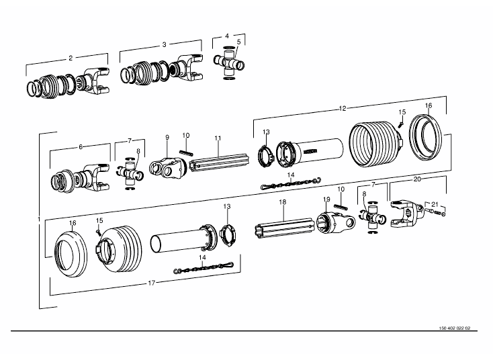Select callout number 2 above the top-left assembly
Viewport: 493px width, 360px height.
(x=70, y=58)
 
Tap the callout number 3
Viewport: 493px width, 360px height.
(x=164, y=44)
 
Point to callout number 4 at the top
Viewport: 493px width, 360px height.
(x=227, y=35)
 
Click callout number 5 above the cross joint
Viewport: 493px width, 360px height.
(x=238, y=42)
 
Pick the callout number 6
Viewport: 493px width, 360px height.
(x=81, y=146)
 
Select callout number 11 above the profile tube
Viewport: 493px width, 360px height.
(x=218, y=138)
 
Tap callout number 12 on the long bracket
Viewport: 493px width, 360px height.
(x=343, y=108)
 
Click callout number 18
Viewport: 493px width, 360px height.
(x=283, y=202)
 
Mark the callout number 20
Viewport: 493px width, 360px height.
(x=417, y=180)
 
